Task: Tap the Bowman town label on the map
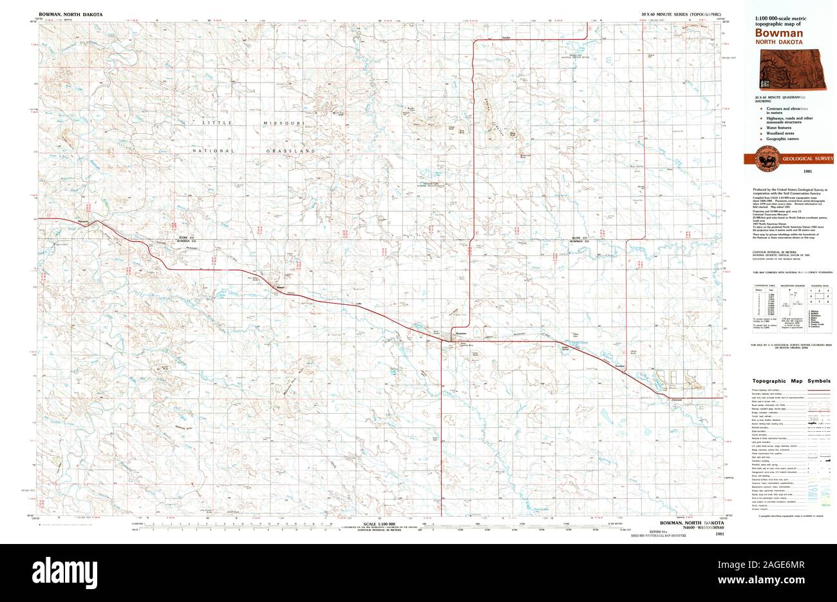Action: pos(460,333)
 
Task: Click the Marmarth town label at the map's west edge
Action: pos(82,220)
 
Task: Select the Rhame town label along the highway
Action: pos(279,287)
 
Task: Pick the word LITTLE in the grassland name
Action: pos(216,122)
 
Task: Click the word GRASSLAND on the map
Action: pos(291,151)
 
